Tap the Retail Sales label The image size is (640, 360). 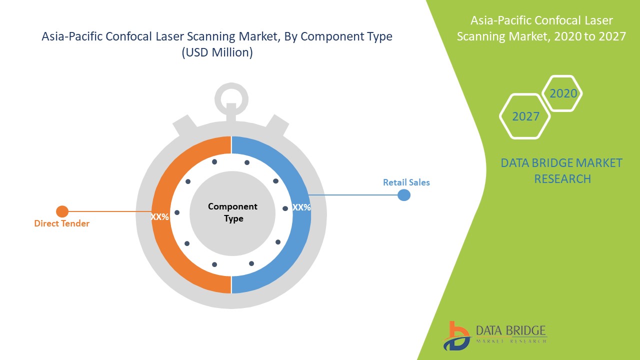(x=406, y=182)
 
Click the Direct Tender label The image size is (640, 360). (x=61, y=223)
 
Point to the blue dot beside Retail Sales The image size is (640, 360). (x=404, y=195)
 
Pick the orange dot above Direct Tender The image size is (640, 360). (x=62, y=211)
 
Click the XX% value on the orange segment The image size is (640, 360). (x=159, y=217)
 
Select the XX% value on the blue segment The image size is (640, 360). (x=301, y=207)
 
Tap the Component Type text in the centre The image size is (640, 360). (x=232, y=212)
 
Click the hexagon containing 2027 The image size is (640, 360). (x=525, y=116)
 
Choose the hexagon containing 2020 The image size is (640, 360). (x=562, y=93)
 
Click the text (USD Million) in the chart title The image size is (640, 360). (x=217, y=52)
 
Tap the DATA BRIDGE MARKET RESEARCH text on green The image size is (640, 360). (x=562, y=170)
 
